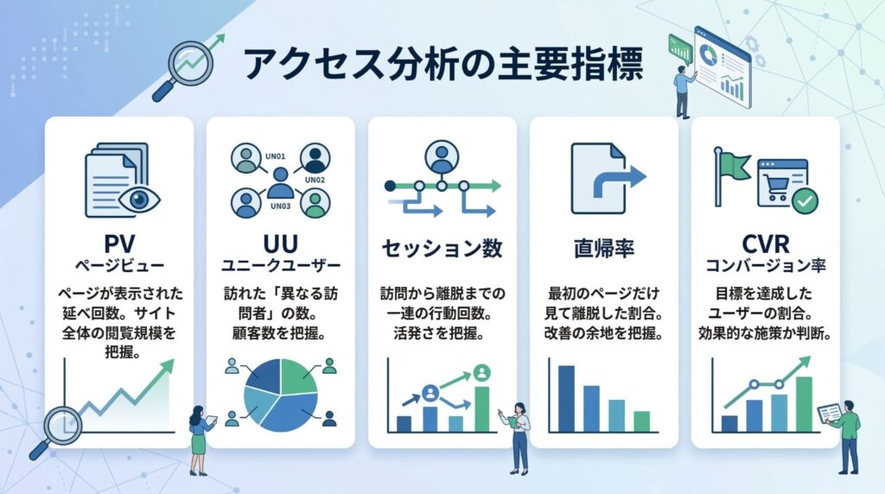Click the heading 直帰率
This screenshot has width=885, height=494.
pyautogui.click(x=603, y=249)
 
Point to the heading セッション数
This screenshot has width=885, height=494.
pyautogui.click(x=442, y=249)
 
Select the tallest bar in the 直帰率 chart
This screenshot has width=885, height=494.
pyautogui.click(x=567, y=397)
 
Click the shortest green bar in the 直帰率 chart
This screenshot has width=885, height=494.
pyautogui.click(x=641, y=421)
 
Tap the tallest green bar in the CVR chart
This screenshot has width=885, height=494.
pyautogui.click(x=804, y=403)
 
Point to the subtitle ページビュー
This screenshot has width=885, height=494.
pyautogui.click(x=118, y=261)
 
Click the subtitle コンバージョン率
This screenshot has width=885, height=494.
pyautogui.click(x=765, y=261)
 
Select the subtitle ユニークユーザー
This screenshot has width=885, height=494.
pyautogui.click(x=280, y=261)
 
